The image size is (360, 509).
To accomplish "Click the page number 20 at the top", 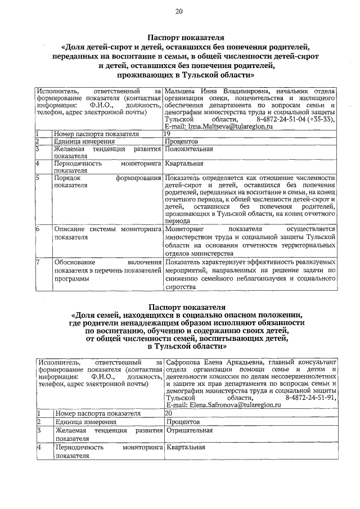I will pyautogui.click(x=179, y=11).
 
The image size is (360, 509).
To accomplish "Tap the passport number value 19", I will pyautogui.click(x=167, y=134).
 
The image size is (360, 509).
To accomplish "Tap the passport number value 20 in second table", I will pyautogui.click(x=169, y=412).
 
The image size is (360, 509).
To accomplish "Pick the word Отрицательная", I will pyautogui.click(x=189, y=430).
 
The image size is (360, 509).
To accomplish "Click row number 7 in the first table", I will pyautogui.click(x=38, y=262).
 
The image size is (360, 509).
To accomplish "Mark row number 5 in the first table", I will pyautogui.click(x=38, y=178).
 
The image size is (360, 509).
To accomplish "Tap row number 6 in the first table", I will pyautogui.click(x=38, y=229).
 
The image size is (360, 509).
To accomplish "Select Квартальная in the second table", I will pyautogui.click(x=184, y=448).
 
